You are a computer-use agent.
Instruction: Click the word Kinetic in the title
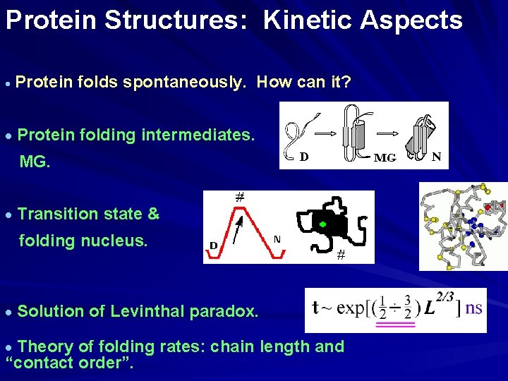click(x=308, y=20)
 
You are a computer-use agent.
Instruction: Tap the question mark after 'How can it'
click(x=346, y=82)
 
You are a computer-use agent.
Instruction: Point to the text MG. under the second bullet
click(x=35, y=162)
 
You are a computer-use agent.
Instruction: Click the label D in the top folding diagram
click(x=303, y=157)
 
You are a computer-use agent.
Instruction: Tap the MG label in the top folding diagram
click(x=385, y=158)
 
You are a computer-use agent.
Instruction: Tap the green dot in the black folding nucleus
click(x=322, y=224)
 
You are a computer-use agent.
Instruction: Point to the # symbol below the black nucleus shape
click(x=340, y=255)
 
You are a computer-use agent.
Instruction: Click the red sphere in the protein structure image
click(x=488, y=209)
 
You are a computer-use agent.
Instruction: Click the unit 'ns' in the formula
click(x=474, y=308)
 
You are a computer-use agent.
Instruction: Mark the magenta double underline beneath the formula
click(x=395, y=325)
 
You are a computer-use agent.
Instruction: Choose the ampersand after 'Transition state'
click(x=153, y=214)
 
